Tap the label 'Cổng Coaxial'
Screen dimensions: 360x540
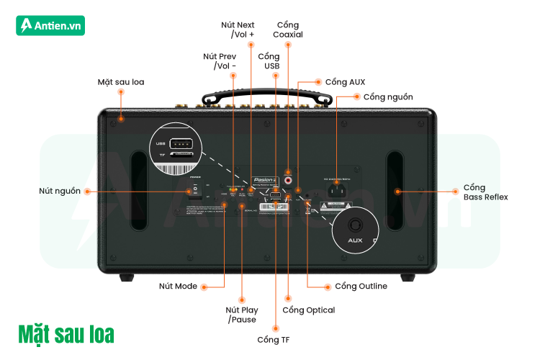tap(289, 30)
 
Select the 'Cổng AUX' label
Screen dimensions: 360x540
tap(345, 81)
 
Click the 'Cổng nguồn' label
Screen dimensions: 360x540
tap(388, 96)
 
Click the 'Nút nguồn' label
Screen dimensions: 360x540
tap(60, 192)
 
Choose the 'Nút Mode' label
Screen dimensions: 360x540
tap(178, 286)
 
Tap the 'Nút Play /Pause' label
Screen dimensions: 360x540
tap(242, 315)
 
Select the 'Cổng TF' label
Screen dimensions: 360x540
tap(275, 338)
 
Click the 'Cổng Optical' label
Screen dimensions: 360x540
tap(308, 310)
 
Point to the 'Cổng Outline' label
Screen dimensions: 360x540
tap(361, 286)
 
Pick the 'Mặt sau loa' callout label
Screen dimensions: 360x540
tap(121, 81)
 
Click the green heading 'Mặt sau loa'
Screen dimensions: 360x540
tap(66, 335)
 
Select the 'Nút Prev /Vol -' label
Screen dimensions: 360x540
tap(220, 61)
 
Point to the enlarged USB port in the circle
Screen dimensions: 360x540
tap(183, 142)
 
